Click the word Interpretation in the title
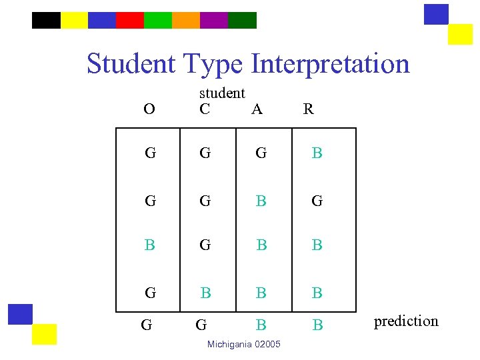click(x=331, y=64)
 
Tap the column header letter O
click(x=149, y=109)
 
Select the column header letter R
click(x=308, y=109)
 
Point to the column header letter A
click(x=257, y=109)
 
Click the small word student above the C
click(x=222, y=93)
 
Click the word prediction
click(x=406, y=321)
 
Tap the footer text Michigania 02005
click(x=244, y=344)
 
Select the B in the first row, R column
click(x=317, y=153)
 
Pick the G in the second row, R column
click(x=317, y=200)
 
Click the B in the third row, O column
click(x=150, y=245)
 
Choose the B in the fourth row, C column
click(x=206, y=293)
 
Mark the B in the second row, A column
click(x=261, y=200)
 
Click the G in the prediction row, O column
click(x=147, y=325)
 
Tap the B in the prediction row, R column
click(x=318, y=325)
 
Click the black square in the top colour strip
click(x=46, y=20)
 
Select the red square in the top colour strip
click(x=130, y=20)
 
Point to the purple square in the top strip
click(x=214, y=20)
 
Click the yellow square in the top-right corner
click(x=460, y=34)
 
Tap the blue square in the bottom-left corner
click(x=20, y=314)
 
